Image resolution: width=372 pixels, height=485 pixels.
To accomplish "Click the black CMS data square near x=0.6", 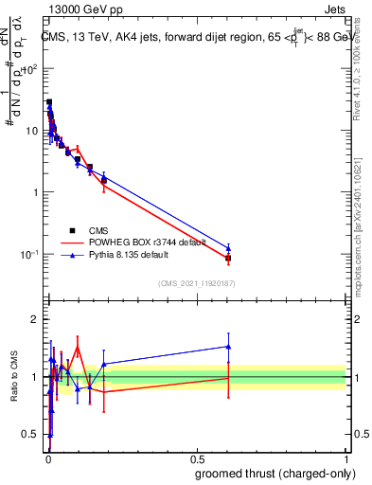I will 228,258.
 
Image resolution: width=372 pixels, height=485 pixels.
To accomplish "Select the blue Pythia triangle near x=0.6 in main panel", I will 228,248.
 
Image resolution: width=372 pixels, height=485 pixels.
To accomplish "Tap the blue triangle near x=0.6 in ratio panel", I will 228,347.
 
